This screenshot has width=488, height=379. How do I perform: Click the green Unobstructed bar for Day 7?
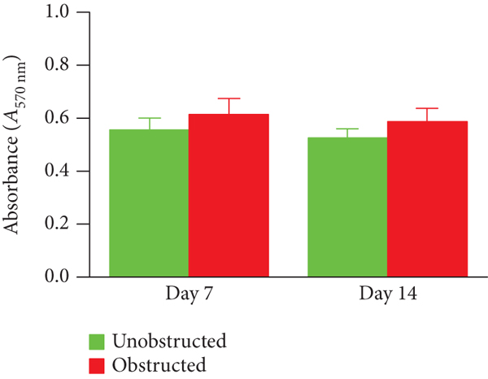149,203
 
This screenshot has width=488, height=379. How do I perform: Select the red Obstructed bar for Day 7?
229,195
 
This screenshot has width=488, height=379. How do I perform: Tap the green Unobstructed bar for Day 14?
347,207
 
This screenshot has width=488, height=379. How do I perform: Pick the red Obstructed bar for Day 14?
427,199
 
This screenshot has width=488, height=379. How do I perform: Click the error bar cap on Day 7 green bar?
149,118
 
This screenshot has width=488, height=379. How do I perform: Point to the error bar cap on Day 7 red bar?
229,98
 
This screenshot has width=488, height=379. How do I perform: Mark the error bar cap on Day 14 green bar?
347,129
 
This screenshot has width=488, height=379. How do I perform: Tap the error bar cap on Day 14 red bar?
427,108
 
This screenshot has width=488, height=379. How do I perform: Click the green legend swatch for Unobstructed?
97,340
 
